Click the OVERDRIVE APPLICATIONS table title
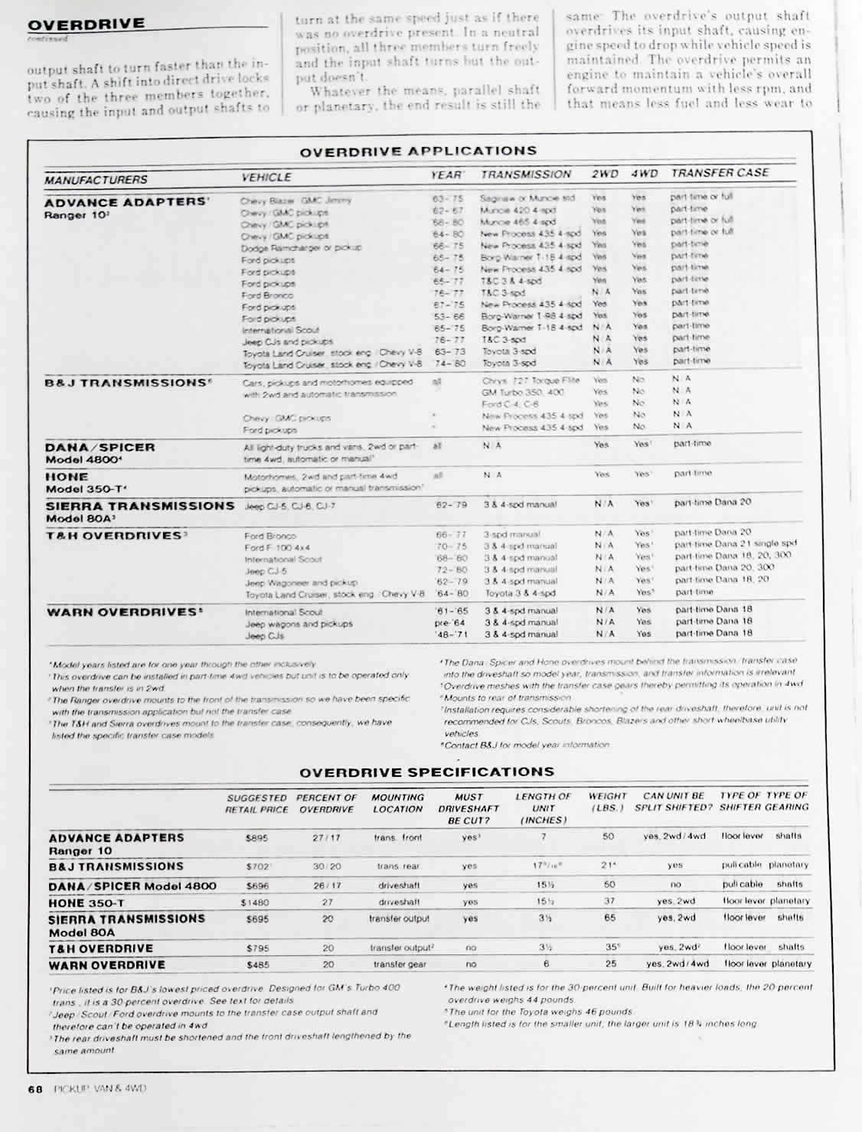click(418, 152)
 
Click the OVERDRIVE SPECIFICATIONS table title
click(426, 772)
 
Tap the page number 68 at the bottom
click(34, 1088)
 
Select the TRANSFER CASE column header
click(720, 173)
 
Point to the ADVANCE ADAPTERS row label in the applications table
click(126, 203)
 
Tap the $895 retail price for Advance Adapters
click(256, 838)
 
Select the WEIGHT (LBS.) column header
click(607, 802)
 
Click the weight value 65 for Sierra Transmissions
click(609, 917)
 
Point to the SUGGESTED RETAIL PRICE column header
click(257, 803)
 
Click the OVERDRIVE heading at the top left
click(86, 23)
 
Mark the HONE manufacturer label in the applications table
click(67, 477)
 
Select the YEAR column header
click(446, 175)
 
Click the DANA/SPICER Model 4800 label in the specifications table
click(132, 886)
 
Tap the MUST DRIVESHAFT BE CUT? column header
click(469, 808)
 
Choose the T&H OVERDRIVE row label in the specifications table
click(101, 948)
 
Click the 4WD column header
click(644, 174)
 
